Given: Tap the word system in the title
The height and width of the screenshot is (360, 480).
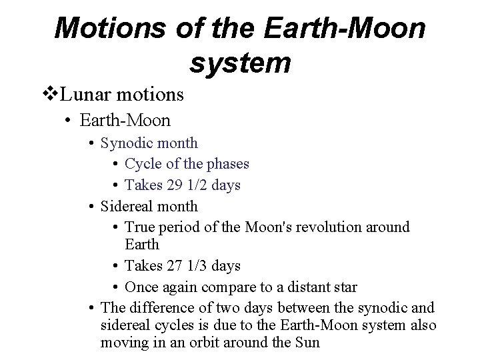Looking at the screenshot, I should [x=240, y=63].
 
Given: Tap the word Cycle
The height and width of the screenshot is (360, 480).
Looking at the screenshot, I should [x=143, y=164].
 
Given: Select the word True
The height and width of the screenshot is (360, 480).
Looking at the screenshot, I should [x=141, y=227].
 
